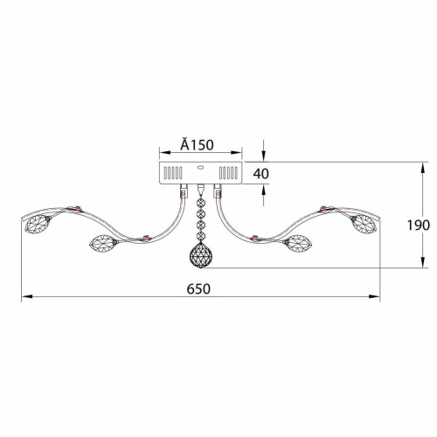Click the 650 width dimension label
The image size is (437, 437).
coord(198,289)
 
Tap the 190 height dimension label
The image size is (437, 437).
coord(418,225)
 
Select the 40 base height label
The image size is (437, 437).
coord(260,174)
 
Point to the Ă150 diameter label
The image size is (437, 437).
coord(197,144)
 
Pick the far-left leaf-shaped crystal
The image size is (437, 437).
coord(37,224)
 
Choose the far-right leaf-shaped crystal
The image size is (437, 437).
coord(364,224)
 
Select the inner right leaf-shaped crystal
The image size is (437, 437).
coord(298,244)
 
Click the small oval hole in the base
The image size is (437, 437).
coord(200,167)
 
